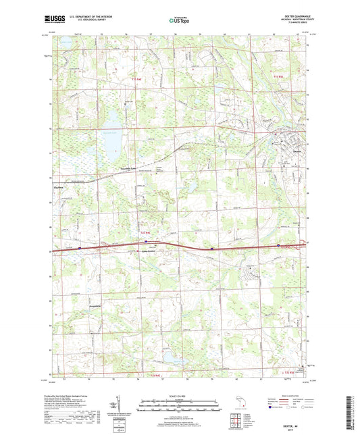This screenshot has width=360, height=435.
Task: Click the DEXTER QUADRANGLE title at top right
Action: coord(290,18)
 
